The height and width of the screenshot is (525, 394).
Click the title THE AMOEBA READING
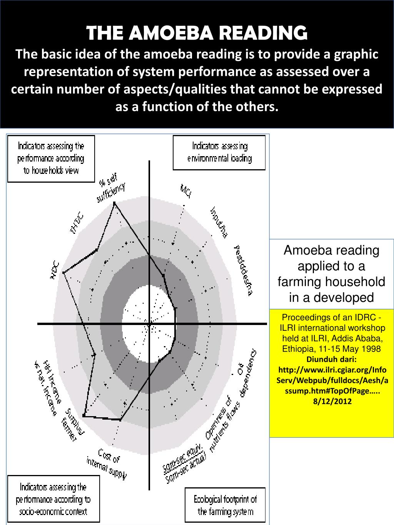pos(197,33)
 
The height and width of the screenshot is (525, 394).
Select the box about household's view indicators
pos(51,158)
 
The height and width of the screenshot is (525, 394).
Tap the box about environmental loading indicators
pos(219,152)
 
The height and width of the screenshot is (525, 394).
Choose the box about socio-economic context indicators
pos(53,499)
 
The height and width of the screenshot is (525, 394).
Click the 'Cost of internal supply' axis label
pos(107,463)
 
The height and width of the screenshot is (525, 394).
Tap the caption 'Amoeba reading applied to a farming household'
pos(331,273)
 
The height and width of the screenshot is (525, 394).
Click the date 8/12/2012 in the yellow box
pos(331,402)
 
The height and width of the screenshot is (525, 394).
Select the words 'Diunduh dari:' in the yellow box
pos(331,359)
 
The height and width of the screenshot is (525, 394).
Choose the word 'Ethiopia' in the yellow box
pos(296,349)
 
